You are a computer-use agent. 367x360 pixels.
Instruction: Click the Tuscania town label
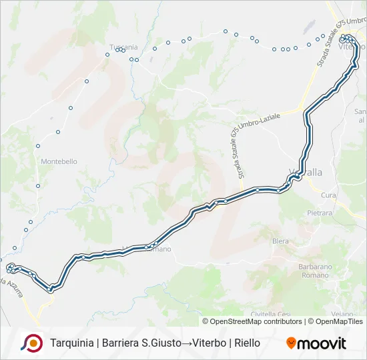point(123,47)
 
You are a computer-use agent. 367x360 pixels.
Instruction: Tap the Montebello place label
point(59,161)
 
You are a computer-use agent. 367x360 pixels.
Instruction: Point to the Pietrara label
point(320,213)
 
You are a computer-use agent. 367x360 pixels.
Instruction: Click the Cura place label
point(328,195)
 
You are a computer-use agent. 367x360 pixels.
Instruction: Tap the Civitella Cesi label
point(270,314)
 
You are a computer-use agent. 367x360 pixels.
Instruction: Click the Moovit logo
point(316,343)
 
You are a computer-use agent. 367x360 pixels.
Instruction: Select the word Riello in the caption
point(248,343)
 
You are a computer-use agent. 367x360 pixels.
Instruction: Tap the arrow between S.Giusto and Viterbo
point(187,343)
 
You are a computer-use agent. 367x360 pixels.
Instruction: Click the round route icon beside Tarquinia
point(31,343)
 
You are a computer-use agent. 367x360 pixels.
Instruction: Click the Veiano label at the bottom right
point(342,314)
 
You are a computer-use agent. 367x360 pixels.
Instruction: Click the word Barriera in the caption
point(122,343)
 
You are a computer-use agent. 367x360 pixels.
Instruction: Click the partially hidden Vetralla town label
point(308,172)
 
